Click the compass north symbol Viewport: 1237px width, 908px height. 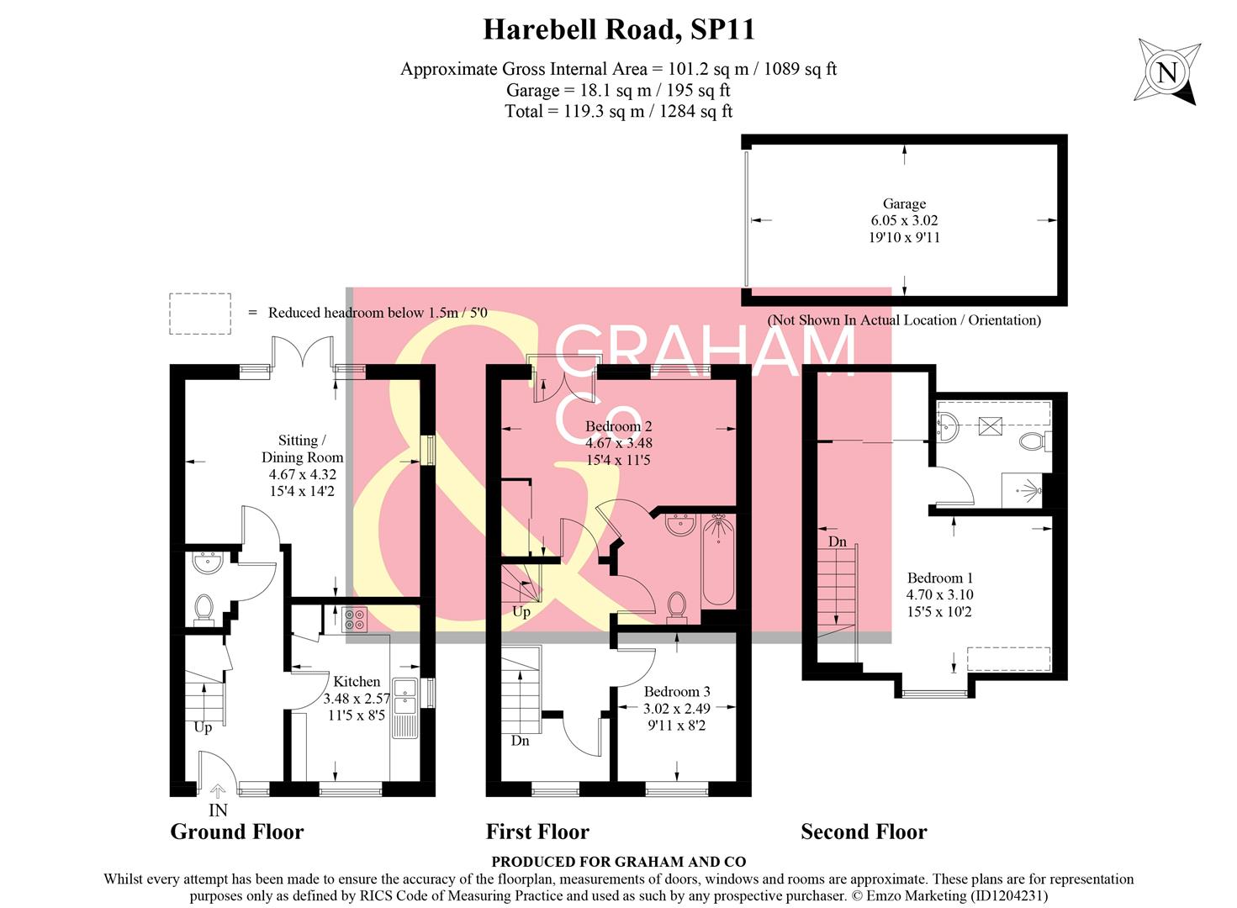click(x=1166, y=71)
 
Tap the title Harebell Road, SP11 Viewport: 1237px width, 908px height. click(x=618, y=29)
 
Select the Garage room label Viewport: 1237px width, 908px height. click(x=904, y=203)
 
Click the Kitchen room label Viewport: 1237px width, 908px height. click(x=357, y=682)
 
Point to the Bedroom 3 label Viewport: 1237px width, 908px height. click(x=676, y=692)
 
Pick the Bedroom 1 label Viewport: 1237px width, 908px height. click(x=939, y=578)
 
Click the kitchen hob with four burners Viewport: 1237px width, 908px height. click(x=354, y=619)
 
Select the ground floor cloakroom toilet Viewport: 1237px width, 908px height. click(x=204, y=609)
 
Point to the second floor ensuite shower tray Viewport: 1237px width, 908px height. click(x=1023, y=490)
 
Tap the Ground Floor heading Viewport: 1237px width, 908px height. click(x=236, y=831)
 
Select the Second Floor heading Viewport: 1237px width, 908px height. click(x=864, y=831)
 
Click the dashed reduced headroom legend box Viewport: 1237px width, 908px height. click(x=200, y=314)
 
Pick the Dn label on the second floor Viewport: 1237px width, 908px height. click(x=837, y=541)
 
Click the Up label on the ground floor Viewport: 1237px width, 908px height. click(x=203, y=727)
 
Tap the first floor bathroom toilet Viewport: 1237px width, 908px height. click(x=676, y=605)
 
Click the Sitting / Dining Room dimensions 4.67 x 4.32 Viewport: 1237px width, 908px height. click(x=302, y=474)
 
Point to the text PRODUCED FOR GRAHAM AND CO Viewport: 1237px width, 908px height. click(x=618, y=861)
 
